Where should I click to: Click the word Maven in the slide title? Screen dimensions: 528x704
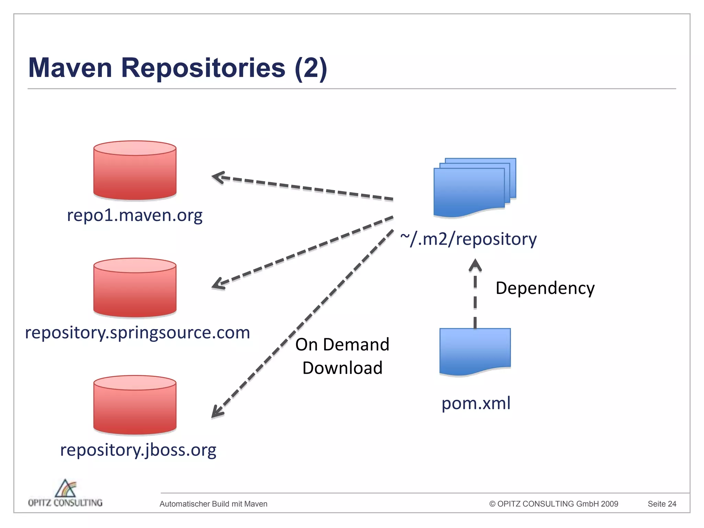pos(70,68)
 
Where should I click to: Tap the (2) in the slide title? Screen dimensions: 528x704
pos(310,68)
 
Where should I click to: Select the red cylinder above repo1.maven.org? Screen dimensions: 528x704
pos(135,170)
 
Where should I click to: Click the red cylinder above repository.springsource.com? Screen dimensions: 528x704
pos(135,288)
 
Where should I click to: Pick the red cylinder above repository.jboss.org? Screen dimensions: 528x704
pos(135,406)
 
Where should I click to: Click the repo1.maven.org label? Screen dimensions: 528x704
pos(134,216)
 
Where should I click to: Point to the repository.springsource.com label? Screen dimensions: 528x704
pos(137,333)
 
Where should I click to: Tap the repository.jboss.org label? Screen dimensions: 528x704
pos(138,450)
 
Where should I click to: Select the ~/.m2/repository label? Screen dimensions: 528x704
pos(468,239)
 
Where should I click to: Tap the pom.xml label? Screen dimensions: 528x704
pos(476,403)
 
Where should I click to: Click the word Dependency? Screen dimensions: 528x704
pos(545,288)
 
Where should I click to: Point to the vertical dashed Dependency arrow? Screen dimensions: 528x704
pos(475,296)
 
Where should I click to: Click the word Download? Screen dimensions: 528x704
pos(342,368)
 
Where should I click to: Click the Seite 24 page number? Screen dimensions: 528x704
pos(662,504)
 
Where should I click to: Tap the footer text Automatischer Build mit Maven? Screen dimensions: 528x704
pos(213,504)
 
